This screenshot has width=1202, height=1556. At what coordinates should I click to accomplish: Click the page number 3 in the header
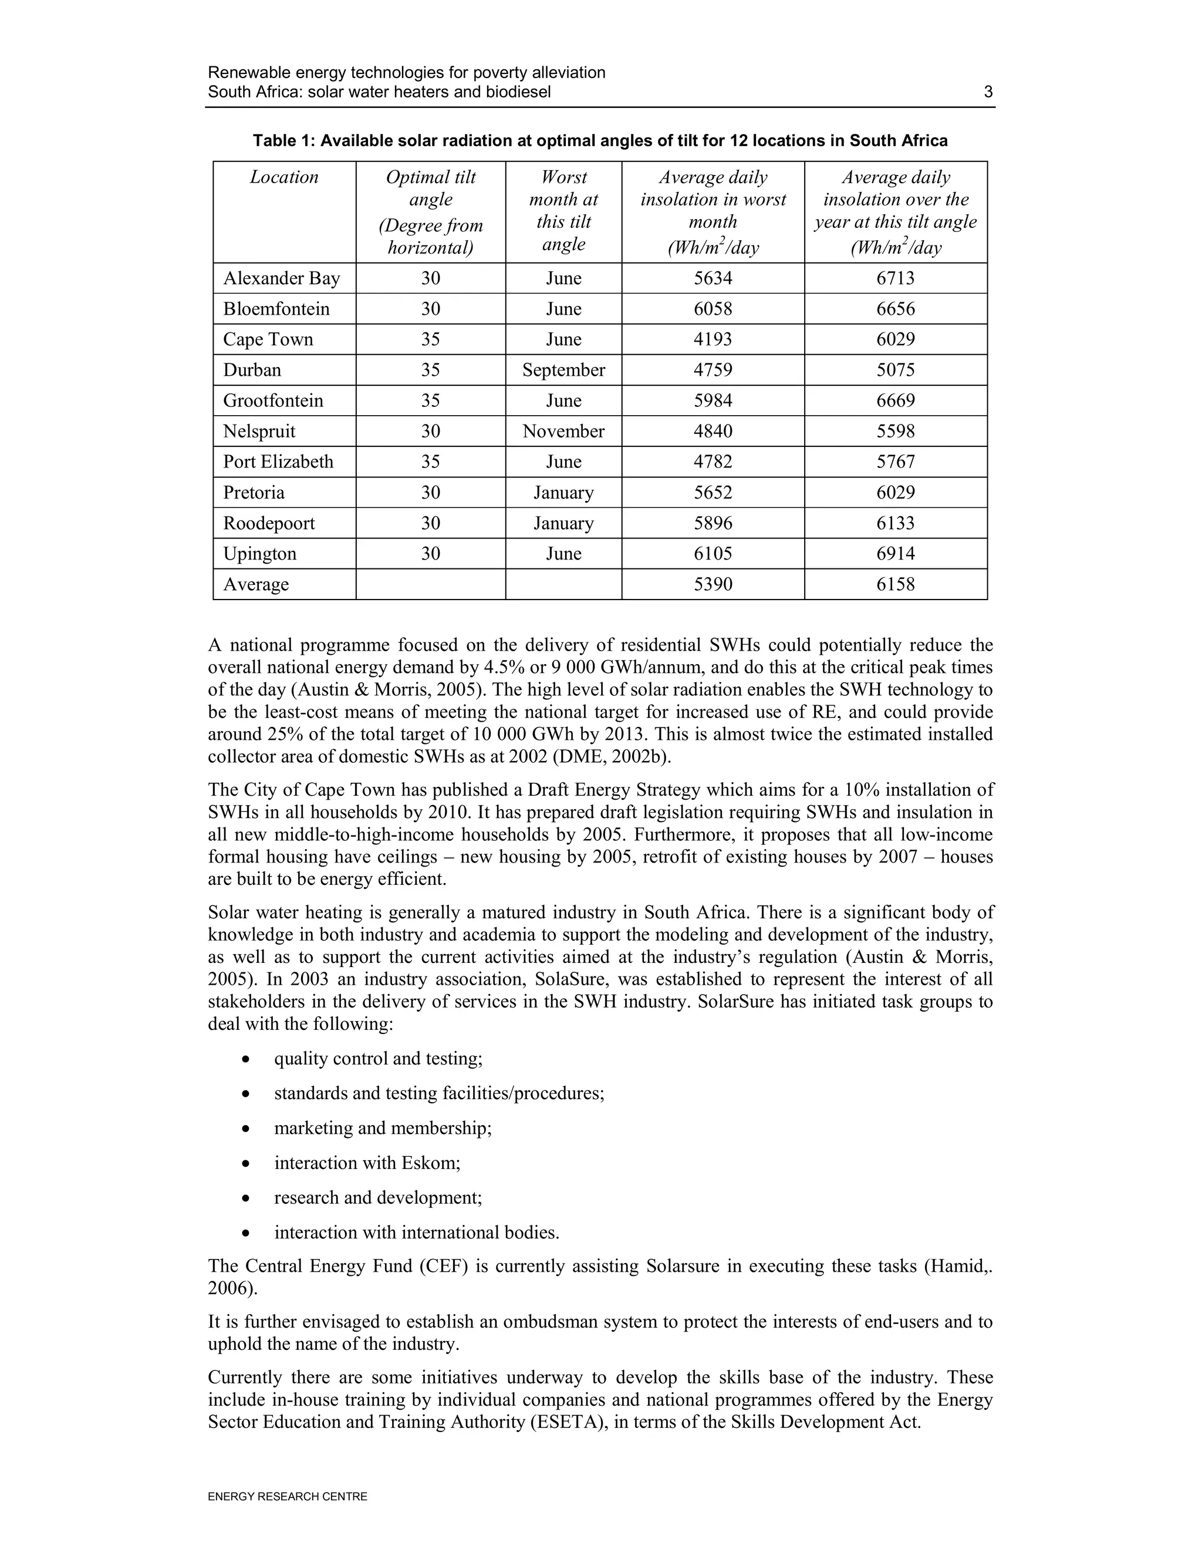pos(988,92)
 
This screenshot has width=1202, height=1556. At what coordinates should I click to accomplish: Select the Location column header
pos(284,177)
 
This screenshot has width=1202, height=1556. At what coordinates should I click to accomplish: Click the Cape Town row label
pos(268,339)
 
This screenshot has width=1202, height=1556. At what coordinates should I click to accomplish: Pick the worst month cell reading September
pos(563,370)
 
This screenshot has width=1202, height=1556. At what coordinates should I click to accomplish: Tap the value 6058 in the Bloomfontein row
pos(713,308)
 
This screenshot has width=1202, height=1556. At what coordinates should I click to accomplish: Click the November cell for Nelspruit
pos(563,431)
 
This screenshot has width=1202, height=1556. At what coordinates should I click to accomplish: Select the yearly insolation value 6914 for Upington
pos(895,554)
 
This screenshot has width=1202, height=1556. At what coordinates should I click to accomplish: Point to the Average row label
pos(256,584)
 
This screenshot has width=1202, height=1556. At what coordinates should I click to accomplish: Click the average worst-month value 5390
pos(713,584)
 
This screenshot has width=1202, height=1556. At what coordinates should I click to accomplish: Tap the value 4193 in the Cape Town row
pos(713,339)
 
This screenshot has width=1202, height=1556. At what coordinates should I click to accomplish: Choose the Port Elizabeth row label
pos(278,462)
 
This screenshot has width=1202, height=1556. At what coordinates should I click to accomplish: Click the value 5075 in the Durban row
pos(895,370)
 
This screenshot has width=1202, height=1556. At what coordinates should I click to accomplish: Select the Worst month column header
pos(563,210)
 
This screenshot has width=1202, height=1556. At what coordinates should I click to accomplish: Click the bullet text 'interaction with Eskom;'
pos(367,1163)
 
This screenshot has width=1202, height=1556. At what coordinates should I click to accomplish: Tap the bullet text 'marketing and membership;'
pos(383,1128)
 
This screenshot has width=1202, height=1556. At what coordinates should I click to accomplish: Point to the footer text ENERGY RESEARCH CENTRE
pos(287,1497)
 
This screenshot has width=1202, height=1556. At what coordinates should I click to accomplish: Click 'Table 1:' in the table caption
pos(283,140)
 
